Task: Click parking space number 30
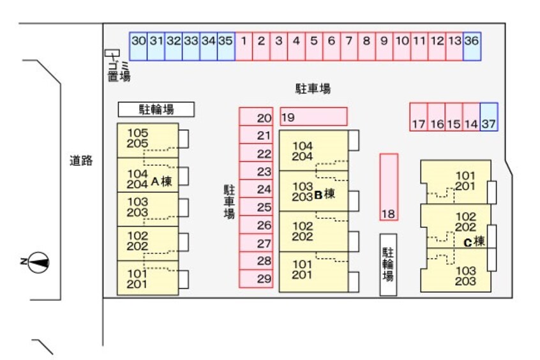point(139,46)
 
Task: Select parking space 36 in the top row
point(472,46)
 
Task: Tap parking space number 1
point(244,46)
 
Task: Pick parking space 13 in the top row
point(454,46)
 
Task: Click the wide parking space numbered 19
point(313,117)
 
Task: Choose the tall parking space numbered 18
point(389,187)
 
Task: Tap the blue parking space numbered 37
point(488,117)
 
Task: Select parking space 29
point(257,278)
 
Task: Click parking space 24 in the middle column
point(257,189)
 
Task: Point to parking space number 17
point(418,117)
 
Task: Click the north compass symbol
point(38,261)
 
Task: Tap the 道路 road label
point(81,161)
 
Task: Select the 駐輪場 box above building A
point(156,110)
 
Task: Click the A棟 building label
point(161,181)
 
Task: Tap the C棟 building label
point(474,242)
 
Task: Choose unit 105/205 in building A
point(147,139)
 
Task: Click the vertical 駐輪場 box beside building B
point(388,264)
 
